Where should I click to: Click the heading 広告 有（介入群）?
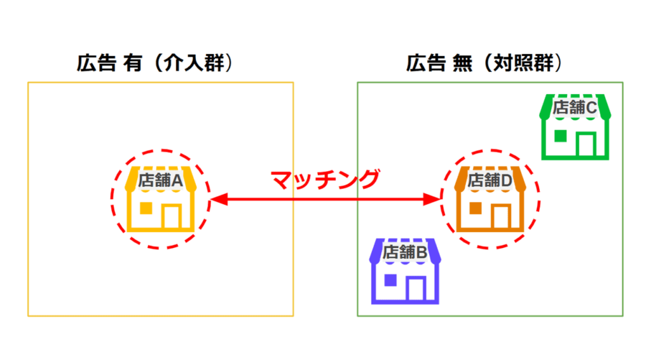click(153, 64)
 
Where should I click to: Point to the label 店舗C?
click(575, 108)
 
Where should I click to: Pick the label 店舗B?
click(406, 252)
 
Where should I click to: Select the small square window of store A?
click(146, 208)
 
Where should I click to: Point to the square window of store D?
click(474, 208)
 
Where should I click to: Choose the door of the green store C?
click(586, 144)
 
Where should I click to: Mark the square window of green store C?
click(559, 135)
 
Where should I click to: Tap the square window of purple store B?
click(390, 280)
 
